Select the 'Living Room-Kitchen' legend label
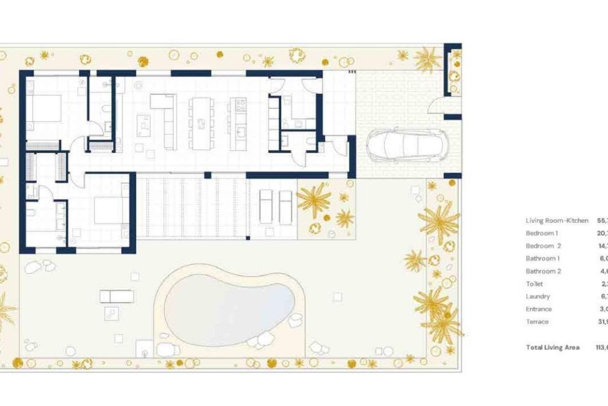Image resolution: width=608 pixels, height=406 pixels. pyautogui.click(x=557, y=220)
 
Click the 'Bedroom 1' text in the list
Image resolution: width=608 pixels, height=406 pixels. pyautogui.click(x=541, y=233)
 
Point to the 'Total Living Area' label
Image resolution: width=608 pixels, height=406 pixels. pyautogui.click(x=553, y=347)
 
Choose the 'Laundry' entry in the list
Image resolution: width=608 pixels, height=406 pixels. pyautogui.click(x=537, y=296)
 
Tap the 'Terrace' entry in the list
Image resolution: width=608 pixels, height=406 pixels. pyautogui.click(x=537, y=322)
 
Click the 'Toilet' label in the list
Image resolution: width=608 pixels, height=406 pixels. pyautogui.click(x=534, y=284)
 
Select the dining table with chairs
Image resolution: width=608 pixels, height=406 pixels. pyautogui.click(x=201, y=124)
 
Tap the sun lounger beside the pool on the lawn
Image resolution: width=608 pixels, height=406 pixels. pyautogui.click(x=117, y=297)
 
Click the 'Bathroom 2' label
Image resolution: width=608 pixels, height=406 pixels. pyautogui.click(x=543, y=271)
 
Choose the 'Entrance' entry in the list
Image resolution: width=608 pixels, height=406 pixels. pyautogui.click(x=538, y=309)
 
